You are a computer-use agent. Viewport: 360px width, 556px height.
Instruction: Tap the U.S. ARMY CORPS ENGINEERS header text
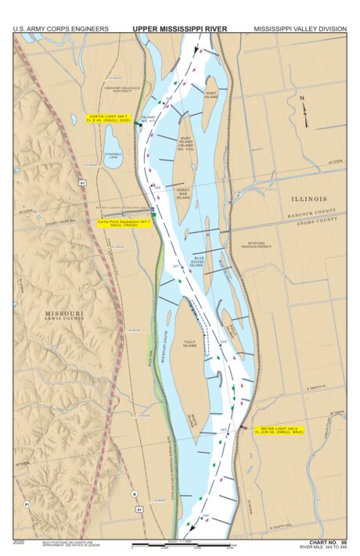click(x=60, y=29)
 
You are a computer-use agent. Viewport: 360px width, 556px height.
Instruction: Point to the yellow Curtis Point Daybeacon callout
click(x=123, y=222)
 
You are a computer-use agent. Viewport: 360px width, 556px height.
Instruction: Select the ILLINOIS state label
click(x=309, y=199)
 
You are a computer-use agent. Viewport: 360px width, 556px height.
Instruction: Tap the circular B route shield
click(x=134, y=493)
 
